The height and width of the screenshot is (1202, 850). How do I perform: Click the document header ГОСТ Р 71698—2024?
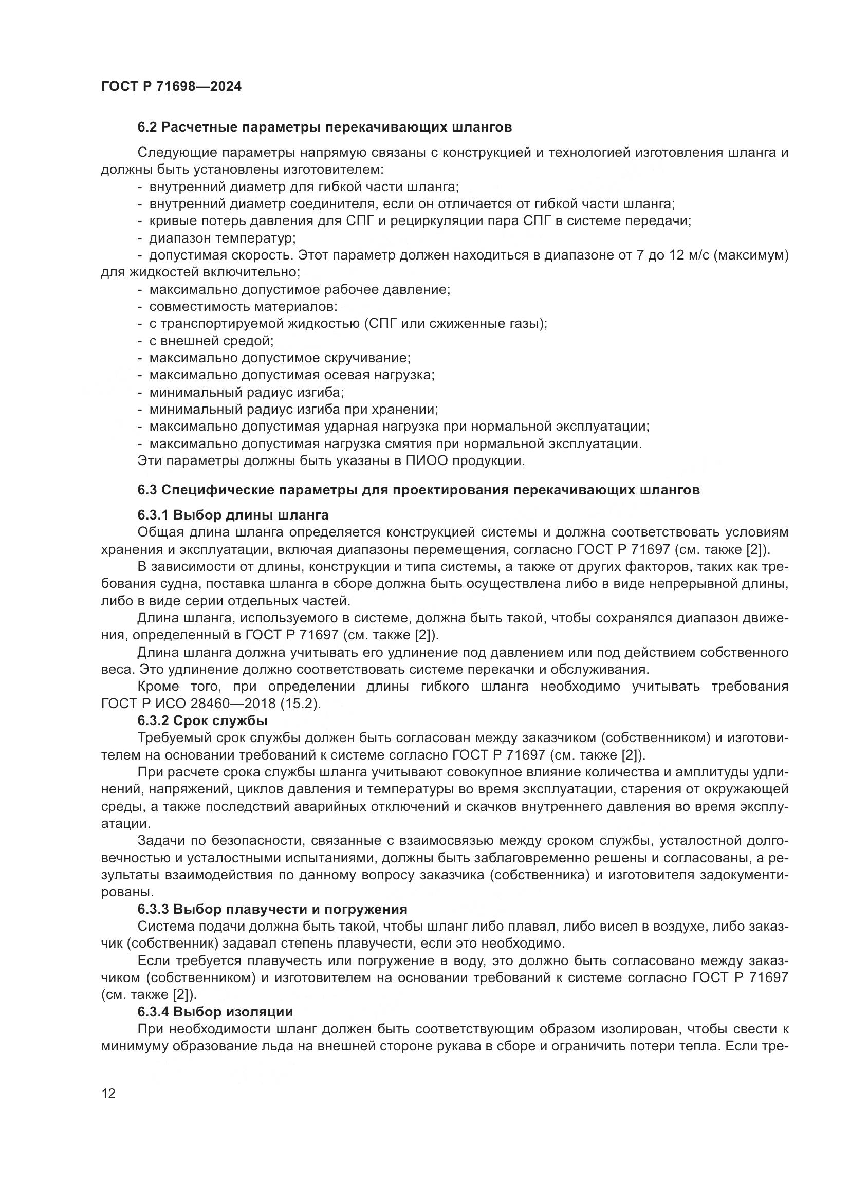pos(171,87)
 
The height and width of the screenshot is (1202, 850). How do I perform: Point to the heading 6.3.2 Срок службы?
pos(202,721)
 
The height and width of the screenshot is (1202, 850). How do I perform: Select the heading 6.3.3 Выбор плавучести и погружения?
pos(272,909)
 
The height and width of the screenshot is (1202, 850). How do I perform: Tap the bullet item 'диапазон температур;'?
pos(223,239)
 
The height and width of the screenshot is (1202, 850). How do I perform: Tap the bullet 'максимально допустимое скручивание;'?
pos(280,359)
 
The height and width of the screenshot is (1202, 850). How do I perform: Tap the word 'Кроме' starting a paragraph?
pos(158,687)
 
